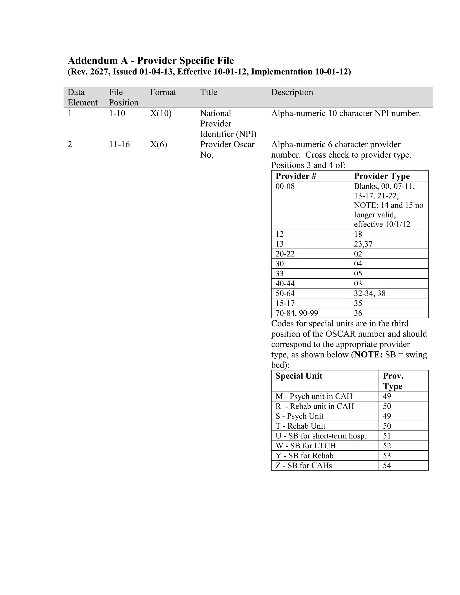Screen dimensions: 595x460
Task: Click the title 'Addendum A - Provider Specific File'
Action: tap(151, 60)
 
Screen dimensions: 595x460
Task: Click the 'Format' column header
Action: tap(163, 92)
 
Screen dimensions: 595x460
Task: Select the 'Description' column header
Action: tap(292, 92)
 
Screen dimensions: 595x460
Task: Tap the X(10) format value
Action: tap(161, 113)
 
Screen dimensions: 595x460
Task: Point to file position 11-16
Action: tap(119, 144)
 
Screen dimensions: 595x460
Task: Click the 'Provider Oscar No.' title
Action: tap(227, 149)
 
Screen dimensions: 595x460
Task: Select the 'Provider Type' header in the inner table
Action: tap(382, 176)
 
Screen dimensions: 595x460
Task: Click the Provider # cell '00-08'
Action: tap(285, 186)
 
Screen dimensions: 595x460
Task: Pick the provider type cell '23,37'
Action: tap(363, 244)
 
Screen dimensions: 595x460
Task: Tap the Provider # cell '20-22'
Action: tap(285, 254)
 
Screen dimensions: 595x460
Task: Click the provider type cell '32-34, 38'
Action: tap(369, 293)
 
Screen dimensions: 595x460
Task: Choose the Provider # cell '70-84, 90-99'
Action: tap(297, 313)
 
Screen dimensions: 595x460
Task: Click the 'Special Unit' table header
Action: tap(299, 376)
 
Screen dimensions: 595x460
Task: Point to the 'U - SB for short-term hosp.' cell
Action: tap(321, 436)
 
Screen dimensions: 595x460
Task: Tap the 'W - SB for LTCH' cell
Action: tap(305, 446)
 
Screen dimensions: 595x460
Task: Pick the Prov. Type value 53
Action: tap(387, 456)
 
